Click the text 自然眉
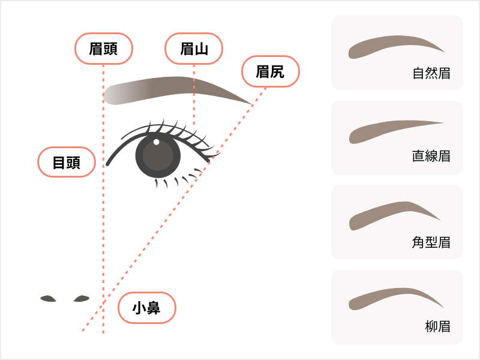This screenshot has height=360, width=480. click(431, 74)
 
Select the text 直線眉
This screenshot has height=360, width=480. click(431, 157)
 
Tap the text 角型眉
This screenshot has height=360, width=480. click(431, 242)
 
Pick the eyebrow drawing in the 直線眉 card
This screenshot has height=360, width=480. click(393, 131)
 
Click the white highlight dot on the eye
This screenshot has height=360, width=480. click(157, 142)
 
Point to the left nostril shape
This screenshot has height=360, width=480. click(48, 298)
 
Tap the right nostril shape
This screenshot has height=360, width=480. click(81, 298)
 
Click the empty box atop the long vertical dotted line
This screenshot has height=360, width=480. click(104, 49)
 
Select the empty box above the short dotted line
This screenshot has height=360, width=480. click(194, 49)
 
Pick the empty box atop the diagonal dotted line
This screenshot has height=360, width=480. click(271, 71)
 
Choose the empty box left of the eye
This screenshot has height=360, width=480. click(67, 161)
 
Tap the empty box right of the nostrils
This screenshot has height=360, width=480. click(147, 308)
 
